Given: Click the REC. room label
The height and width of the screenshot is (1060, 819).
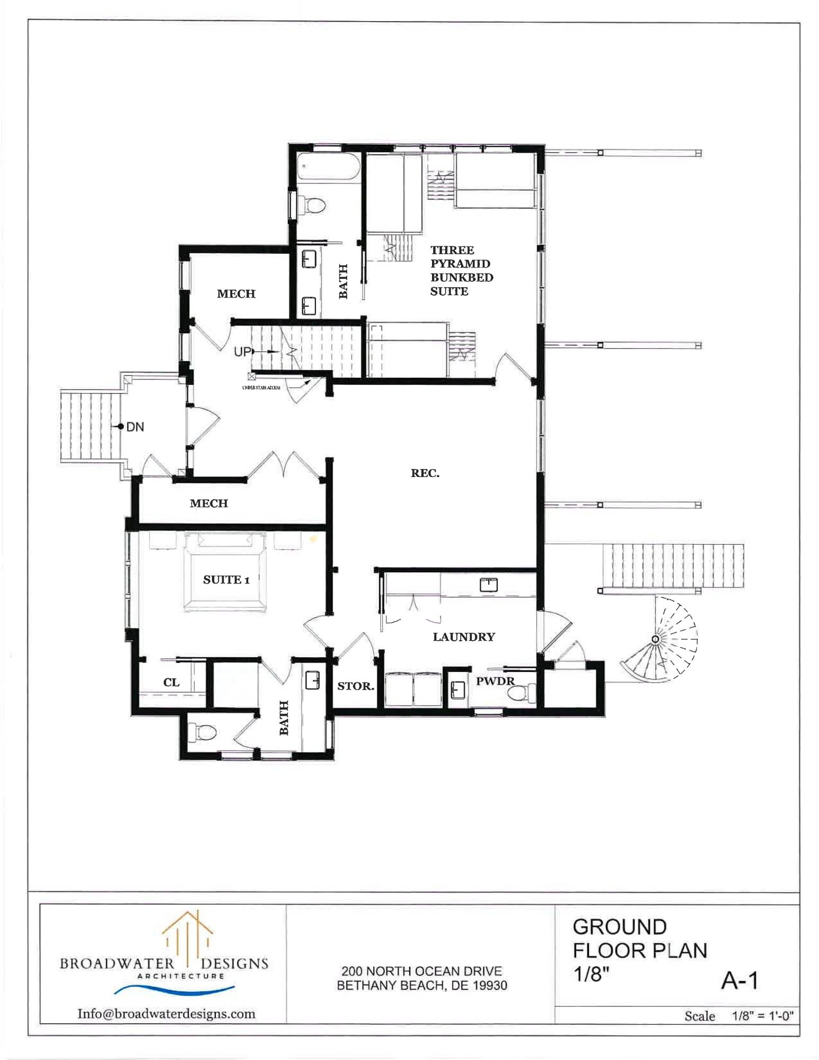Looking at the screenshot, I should click(x=425, y=473).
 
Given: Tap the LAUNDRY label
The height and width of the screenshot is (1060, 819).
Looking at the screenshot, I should click(x=464, y=637).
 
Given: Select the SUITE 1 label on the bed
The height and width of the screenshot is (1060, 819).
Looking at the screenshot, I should click(x=226, y=580).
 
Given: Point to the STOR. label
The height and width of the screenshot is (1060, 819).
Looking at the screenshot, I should click(x=356, y=686).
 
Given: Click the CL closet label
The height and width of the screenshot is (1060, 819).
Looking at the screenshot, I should click(x=171, y=683).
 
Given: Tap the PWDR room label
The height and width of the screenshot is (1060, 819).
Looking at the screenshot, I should click(x=495, y=681).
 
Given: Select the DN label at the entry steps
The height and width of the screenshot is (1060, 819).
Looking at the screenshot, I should click(x=135, y=427).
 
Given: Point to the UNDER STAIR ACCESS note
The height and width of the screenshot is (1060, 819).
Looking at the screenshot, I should click(x=261, y=388).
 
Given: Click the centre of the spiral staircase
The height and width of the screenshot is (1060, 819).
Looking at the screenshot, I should click(x=656, y=640).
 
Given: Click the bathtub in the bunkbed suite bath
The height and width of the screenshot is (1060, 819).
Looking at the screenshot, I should click(x=328, y=166).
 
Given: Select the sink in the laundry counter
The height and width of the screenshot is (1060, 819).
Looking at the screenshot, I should click(x=488, y=585).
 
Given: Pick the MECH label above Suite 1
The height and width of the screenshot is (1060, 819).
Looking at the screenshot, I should click(x=209, y=503).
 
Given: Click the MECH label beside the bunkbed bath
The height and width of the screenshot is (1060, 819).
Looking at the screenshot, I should click(x=236, y=294).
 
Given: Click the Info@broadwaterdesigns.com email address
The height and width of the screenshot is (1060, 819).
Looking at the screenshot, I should click(x=166, y=1014).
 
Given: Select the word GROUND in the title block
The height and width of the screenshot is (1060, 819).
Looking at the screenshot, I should click(x=619, y=927).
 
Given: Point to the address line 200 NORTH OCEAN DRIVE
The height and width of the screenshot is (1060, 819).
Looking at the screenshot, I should click(x=421, y=971).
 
